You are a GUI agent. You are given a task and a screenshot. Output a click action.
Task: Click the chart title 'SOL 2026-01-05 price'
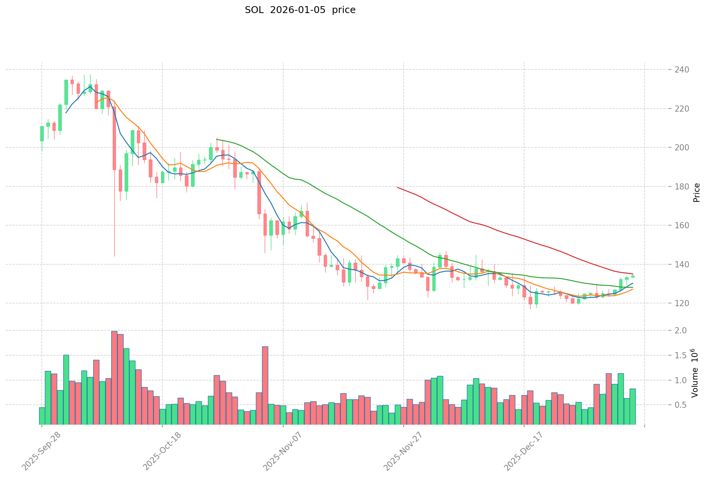300,10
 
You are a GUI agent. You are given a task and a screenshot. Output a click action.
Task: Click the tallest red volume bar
114,377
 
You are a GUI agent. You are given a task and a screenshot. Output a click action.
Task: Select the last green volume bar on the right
633,407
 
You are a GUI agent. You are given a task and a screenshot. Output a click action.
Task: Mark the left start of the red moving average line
398,187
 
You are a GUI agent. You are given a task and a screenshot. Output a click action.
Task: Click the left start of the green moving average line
217,140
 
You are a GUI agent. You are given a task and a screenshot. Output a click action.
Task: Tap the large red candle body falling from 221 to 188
114,138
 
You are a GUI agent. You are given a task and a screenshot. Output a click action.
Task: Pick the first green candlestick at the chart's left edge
42,134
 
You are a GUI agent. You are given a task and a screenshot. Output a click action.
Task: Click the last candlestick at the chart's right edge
633,276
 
